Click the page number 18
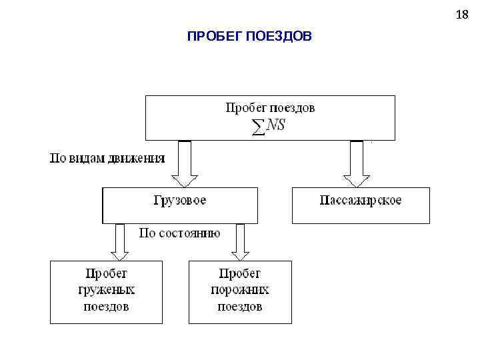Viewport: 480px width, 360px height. pyautogui.click(x=462, y=15)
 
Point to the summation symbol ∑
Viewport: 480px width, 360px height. pyautogui.click(x=258, y=127)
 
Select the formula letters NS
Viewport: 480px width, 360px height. pyautogui.click(x=275, y=125)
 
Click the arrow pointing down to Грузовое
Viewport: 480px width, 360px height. pyautogui.click(x=185, y=163)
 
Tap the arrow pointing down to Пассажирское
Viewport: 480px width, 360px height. pyautogui.click(x=357, y=163)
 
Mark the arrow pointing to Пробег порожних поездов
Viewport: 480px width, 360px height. pyautogui.click(x=240, y=241)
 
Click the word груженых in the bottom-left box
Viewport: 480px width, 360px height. pyautogui.click(x=107, y=290)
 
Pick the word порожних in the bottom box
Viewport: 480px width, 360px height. pyautogui.click(x=240, y=290)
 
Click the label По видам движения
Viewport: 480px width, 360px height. pyautogui.click(x=108, y=159)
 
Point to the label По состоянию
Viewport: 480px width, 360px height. pyautogui.click(x=179, y=233)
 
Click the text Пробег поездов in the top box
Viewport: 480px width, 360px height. pyautogui.click(x=270, y=107)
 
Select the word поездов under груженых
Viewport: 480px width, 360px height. pyautogui.click(x=107, y=307)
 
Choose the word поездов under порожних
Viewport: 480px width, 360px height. pyautogui.click(x=240, y=307)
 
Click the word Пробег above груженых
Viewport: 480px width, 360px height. pyautogui.click(x=107, y=273)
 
